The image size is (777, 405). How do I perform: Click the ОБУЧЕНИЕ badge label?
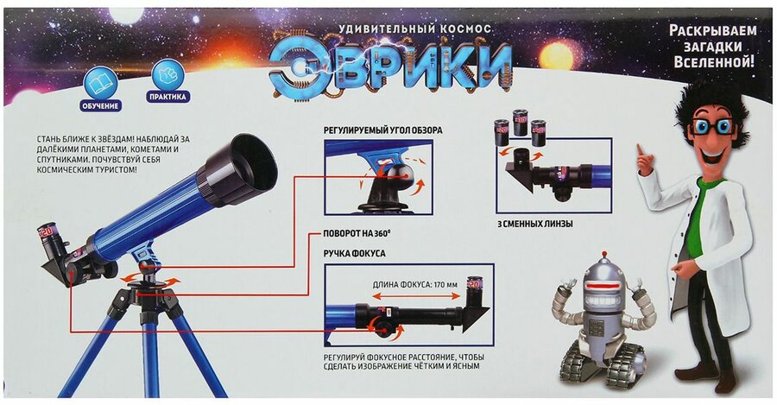click(101, 105)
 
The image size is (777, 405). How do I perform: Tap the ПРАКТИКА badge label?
click(168, 97)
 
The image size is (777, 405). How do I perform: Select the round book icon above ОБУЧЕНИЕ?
click(101, 83)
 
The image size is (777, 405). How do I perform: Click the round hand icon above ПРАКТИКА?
click(168, 75)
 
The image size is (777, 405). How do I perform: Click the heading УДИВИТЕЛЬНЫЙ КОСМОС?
click(414, 29)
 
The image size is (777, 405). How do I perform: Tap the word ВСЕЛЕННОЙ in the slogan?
click(714, 62)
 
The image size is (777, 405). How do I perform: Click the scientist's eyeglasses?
click(714, 127)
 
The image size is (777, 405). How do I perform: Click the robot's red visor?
click(604, 288)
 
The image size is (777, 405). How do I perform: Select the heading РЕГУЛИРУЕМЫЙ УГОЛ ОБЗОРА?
click(383, 130)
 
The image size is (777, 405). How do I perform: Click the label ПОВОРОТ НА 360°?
click(353, 233)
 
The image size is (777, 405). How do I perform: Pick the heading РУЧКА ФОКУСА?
click(354, 253)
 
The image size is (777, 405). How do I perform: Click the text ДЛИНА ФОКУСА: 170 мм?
click(414, 285)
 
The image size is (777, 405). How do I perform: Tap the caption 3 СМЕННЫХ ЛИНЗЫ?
click(534, 224)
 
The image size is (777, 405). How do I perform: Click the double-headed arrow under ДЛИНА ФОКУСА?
click(416, 296)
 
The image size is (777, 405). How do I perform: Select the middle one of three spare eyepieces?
click(520, 123)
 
